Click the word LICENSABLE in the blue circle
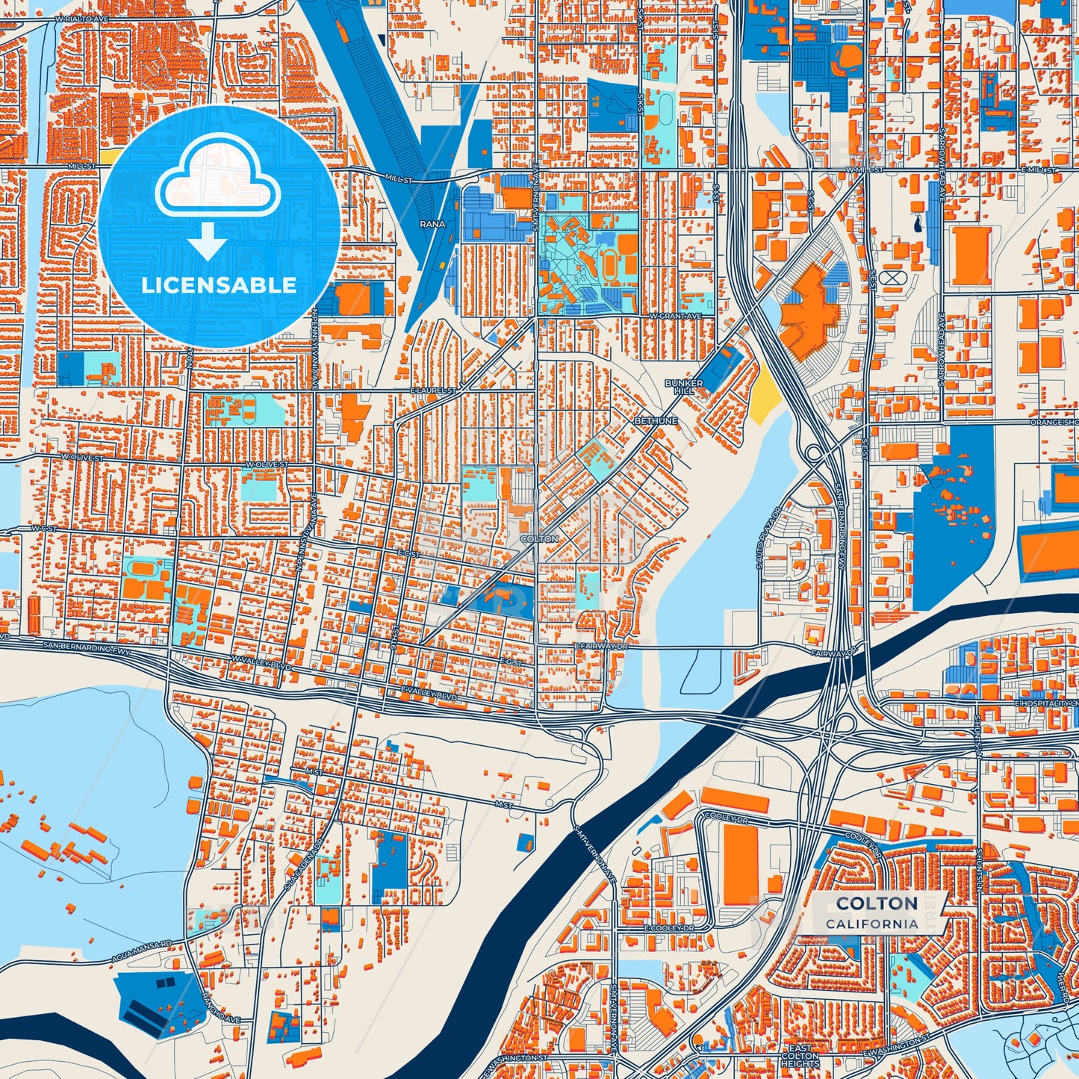point(219,285)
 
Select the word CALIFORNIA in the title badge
point(872,924)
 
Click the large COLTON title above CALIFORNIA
point(877,904)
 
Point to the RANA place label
point(432,224)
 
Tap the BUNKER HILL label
point(683,387)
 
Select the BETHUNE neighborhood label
point(656,421)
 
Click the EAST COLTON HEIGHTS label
point(800,1057)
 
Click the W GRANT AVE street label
point(676,317)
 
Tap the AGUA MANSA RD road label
point(141,951)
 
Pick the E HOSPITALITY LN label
point(1046,704)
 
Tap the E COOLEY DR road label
point(669,928)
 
